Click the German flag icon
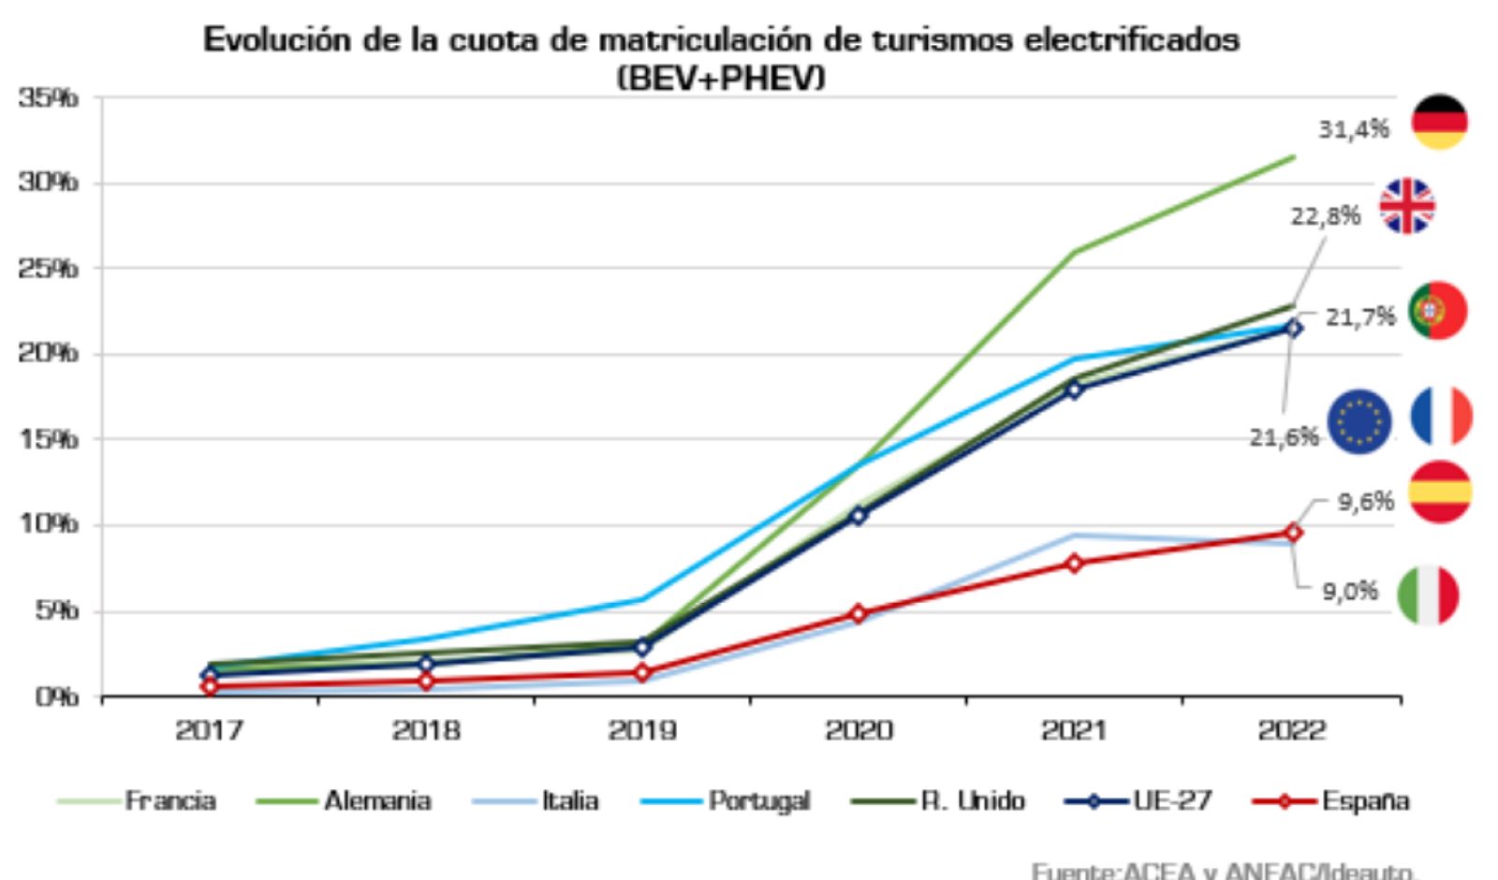pos(1439,122)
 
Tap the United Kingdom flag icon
pos(1406,206)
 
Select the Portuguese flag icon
pos(1437,310)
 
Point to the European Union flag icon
pos(1359,421)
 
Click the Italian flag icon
pos(1428,595)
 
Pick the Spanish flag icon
pos(1440,491)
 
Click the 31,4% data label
pos(1353,129)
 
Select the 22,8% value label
pos(1325,216)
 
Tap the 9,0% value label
pos(1349,592)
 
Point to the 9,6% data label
pos(1365,502)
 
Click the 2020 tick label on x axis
pos(859,730)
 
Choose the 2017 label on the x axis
pos(210,730)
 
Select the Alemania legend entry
pos(377,801)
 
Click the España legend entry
pos(1365,801)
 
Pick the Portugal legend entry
pos(758,801)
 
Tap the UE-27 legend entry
pos(1172,801)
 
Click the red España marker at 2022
pos(1293,533)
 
